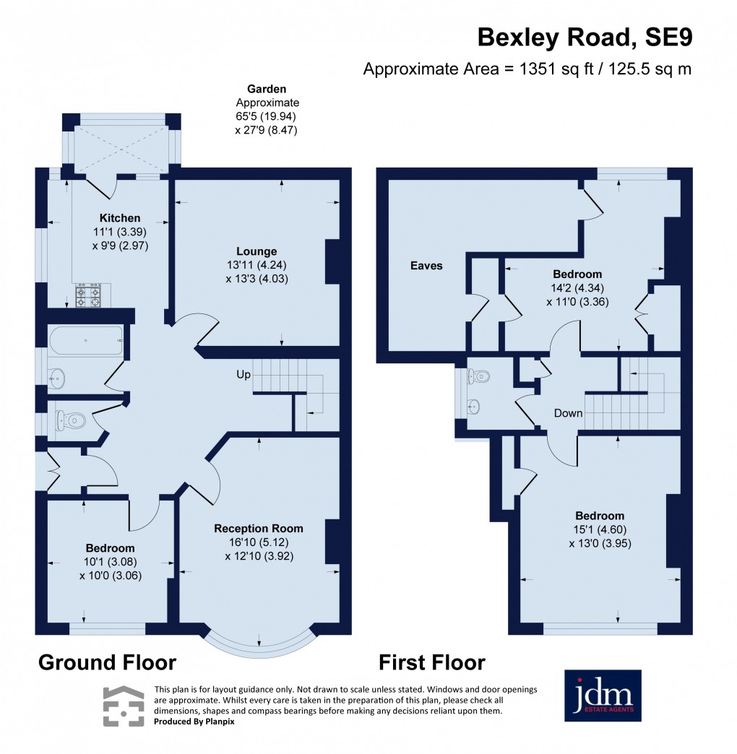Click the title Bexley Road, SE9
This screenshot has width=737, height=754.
(585, 38)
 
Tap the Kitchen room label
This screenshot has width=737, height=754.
(120, 218)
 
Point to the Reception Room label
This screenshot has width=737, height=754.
(259, 528)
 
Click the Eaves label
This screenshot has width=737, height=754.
(426, 266)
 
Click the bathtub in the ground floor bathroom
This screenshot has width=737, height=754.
(85, 339)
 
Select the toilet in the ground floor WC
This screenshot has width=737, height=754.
(71, 418)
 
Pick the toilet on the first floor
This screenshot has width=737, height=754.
(480, 376)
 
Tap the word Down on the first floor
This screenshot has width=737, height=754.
(569, 413)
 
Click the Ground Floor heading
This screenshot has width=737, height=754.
(106, 662)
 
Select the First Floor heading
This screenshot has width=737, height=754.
(431, 662)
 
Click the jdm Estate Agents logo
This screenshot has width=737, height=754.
(602, 695)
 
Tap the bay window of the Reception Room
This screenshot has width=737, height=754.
(259, 643)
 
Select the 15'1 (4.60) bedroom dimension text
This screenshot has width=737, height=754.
(600, 529)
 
